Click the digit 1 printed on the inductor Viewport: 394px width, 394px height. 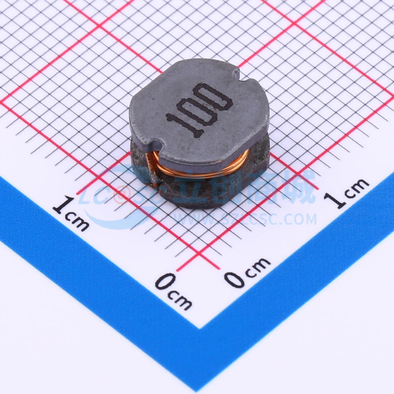tap(185, 125)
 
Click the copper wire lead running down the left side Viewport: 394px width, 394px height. tap(152, 170)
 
